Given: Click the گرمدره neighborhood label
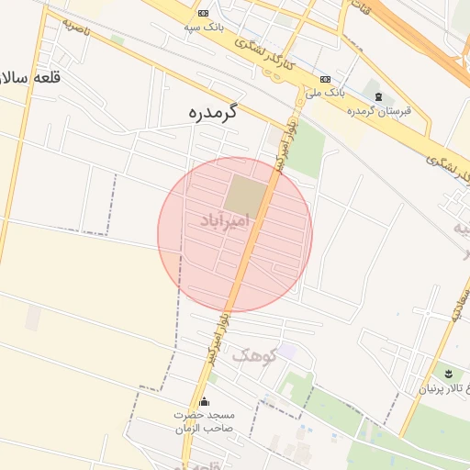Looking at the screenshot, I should click(x=210, y=113).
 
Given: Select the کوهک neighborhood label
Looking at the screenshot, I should click(x=253, y=354).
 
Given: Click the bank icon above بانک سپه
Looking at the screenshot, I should click(x=203, y=13).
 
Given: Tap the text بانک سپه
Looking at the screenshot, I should click(x=203, y=28).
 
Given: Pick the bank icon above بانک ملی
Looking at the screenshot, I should click(x=325, y=79).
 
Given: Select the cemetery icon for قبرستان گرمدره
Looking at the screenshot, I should click(x=378, y=96).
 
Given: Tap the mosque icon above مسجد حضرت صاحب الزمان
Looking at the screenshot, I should click(x=204, y=401).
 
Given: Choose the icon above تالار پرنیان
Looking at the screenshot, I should click(x=448, y=373).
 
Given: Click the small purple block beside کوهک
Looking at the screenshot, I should click(x=287, y=351).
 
